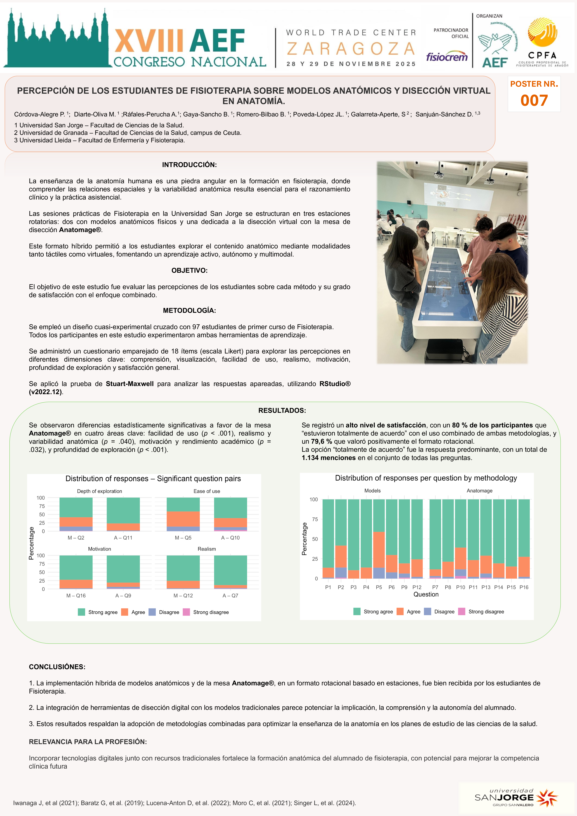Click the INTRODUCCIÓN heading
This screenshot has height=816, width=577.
click(189, 165)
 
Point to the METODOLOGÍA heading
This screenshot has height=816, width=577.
click(189, 310)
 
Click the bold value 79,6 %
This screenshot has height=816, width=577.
click(321, 441)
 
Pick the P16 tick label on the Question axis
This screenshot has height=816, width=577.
click(524, 587)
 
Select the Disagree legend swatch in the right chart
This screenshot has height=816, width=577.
click(427, 611)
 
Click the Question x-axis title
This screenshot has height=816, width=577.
click(426, 594)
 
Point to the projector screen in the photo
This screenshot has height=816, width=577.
click(458, 194)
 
